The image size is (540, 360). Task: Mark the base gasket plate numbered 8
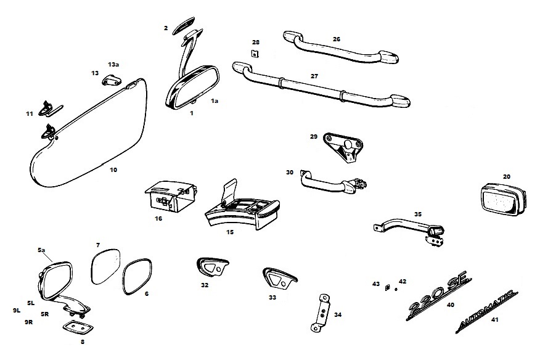(76, 327)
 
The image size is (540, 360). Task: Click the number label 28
(256, 42)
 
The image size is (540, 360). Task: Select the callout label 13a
(113, 64)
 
